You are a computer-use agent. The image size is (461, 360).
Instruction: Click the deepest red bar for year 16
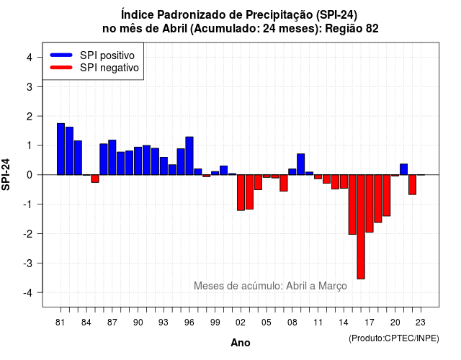(361, 227)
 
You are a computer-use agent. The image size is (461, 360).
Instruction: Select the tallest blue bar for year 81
(61, 149)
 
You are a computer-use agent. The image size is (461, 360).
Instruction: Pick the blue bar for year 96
(189, 156)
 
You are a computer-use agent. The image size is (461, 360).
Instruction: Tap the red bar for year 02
(241, 192)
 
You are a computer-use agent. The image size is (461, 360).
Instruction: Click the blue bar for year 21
(403, 169)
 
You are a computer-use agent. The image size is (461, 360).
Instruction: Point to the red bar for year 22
(412, 184)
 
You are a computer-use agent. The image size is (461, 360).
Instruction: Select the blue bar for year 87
(112, 157)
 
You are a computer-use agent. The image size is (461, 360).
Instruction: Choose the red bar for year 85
(95, 179)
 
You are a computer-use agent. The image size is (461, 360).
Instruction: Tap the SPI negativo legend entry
(94, 68)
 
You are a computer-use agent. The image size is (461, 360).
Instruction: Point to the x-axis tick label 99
(215, 323)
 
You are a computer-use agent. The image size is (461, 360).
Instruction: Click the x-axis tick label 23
(421, 323)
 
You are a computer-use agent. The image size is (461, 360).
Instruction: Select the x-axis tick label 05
(267, 323)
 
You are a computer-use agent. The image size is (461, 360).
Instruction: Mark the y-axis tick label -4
(29, 293)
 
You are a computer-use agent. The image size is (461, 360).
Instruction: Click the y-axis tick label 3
(30, 86)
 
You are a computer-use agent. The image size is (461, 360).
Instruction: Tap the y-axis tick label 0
(30, 175)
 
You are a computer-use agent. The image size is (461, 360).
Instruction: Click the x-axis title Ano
(241, 343)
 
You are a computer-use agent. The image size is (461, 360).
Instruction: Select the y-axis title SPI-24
(6, 174)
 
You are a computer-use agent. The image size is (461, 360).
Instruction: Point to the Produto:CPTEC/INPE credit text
(394, 338)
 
